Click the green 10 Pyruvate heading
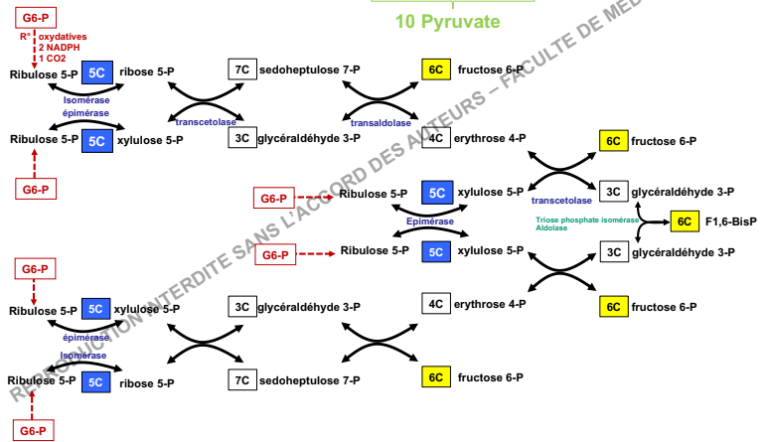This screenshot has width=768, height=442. click(x=447, y=21)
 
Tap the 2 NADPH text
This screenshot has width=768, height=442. click(x=59, y=48)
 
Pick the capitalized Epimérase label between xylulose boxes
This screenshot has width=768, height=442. click(x=430, y=221)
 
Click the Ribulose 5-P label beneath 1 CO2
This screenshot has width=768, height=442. click(x=44, y=74)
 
